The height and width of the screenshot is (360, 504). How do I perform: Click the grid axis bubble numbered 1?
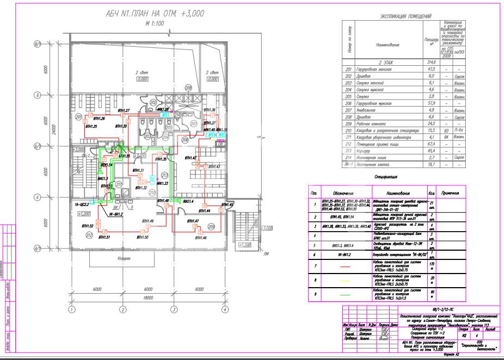pos(71,310)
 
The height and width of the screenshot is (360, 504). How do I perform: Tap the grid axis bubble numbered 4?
pos(224,310)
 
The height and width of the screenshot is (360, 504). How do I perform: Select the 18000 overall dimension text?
pos(147,299)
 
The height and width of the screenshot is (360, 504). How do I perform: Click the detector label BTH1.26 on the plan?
pos(99,119)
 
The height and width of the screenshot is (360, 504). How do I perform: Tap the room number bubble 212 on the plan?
pos(88,235)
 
